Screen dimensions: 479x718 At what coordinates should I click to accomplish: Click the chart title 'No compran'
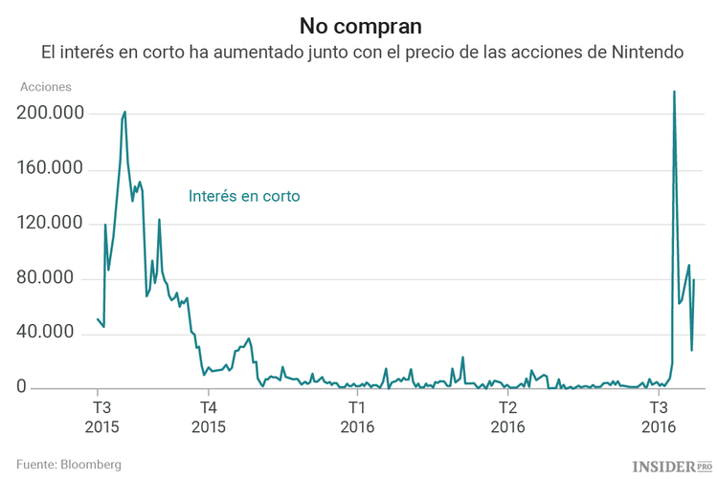tap(359, 23)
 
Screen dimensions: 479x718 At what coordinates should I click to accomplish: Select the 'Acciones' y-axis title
tap(46, 87)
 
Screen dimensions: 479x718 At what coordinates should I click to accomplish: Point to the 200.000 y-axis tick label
tap(51, 114)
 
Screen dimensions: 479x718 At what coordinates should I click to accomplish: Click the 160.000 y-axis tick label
tap(51, 169)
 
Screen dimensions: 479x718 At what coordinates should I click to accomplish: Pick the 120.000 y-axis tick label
tap(51, 224)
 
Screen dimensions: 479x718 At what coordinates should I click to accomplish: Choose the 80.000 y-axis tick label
tap(56, 278)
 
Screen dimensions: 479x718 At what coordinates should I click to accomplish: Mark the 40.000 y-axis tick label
tap(56, 334)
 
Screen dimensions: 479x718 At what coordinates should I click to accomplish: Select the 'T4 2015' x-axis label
tap(207, 415)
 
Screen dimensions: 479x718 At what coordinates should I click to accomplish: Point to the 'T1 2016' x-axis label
tap(357, 415)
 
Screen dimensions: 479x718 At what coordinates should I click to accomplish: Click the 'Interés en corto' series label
tap(244, 196)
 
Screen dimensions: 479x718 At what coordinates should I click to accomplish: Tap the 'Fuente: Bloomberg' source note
tap(68, 464)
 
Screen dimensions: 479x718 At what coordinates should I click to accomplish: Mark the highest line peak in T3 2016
tap(675, 92)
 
